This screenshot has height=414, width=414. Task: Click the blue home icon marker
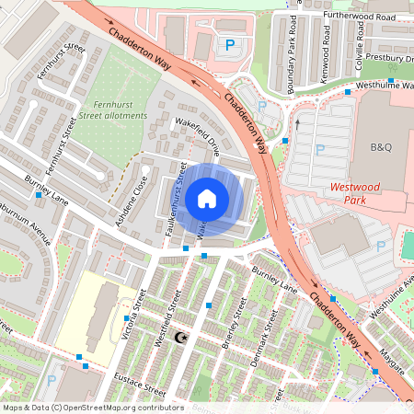207,198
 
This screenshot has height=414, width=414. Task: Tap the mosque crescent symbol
180,339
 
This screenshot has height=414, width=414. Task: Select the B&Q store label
381,147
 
